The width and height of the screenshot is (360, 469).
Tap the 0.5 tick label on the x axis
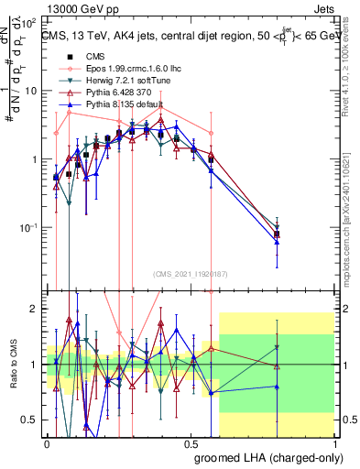tap(191, 442)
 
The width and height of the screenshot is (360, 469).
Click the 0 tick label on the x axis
tap(48, 442)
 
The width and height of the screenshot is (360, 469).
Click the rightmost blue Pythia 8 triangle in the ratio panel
tap(277, 387)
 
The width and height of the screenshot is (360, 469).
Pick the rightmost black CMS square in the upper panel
tap(277, 234)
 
